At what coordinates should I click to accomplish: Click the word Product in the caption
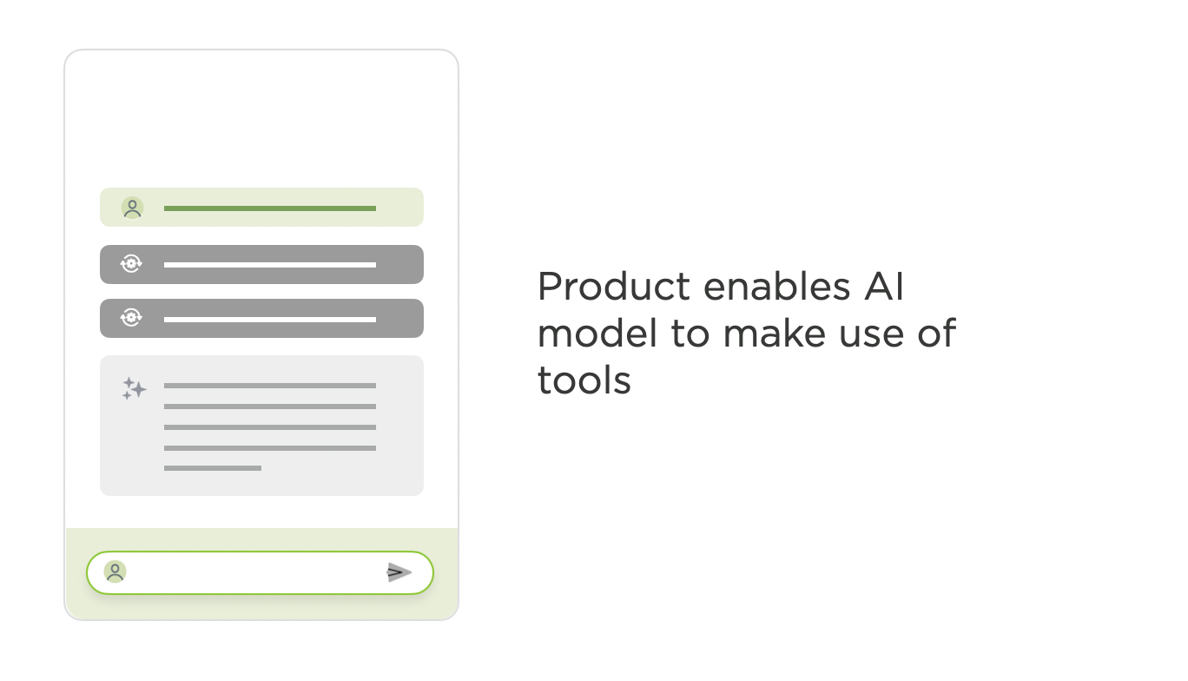[614, 287]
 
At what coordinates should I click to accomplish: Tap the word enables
[777, 287]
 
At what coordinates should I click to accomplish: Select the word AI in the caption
[883, 287]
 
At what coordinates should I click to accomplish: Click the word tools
[584, 380]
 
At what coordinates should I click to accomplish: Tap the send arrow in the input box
[399, 572]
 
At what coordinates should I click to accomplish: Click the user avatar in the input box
[115, 572]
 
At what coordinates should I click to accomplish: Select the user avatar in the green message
[132, 208]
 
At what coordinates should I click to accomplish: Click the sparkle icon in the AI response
[135, 389]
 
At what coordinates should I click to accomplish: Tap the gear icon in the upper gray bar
[131, 263]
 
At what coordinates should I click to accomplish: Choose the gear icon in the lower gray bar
[131, 318]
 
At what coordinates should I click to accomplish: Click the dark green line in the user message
[270, 208]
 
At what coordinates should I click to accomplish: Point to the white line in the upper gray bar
[270, 265]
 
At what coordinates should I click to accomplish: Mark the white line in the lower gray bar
[270, 320]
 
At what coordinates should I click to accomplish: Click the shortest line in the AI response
[213, 468]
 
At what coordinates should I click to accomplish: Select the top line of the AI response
[270, 386]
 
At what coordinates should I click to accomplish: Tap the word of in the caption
[937, 333]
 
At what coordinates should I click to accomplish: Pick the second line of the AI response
[270, 407]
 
